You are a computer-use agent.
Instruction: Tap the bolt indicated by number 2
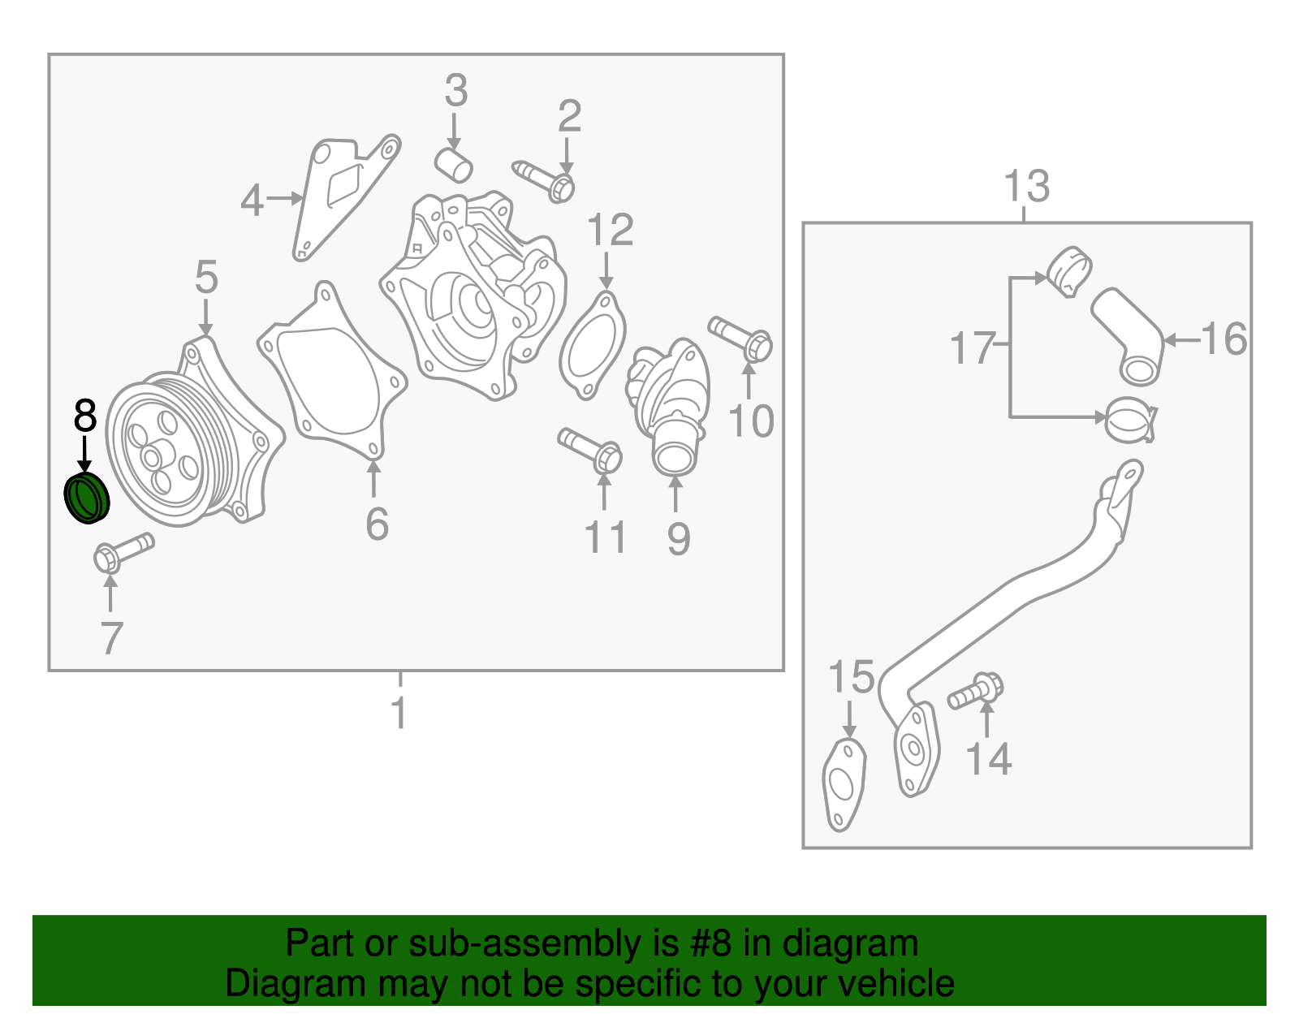point(544,180)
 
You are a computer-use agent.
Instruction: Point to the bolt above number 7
point(123,551)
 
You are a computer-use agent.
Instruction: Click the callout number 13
point(1026,186)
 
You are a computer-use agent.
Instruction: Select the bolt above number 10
point(740,339)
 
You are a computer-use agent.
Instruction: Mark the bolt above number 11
point(589,450)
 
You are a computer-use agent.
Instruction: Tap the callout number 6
point(378,524)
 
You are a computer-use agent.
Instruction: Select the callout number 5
point(206,277)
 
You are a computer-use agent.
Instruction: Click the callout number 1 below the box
point(399,712)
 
